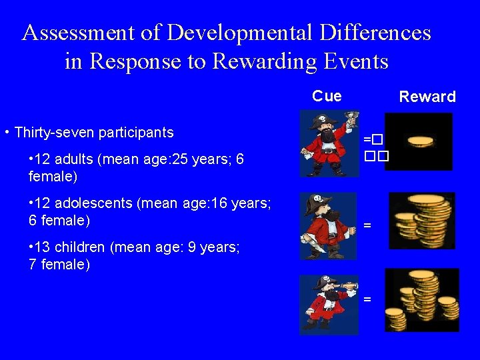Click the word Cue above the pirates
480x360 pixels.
tap(327, 96)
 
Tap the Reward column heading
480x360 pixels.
tap(427, 97)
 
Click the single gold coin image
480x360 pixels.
tap(419, 141)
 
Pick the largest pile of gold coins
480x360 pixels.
tap(421, 299)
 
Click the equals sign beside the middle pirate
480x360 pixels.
tap(367, 225)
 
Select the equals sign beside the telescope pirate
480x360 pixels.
tap(367, 298)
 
